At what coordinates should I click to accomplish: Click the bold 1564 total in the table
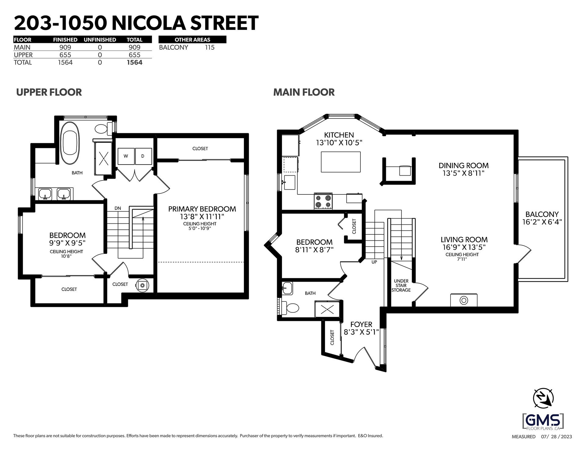click(135, 62)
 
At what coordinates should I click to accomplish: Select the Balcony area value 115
click(210, 48)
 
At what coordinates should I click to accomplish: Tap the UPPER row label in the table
click(23, 55)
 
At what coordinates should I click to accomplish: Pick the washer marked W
click(126, 156)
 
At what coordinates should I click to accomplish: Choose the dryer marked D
click(143, 156)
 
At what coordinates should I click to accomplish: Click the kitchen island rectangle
click(341, 162)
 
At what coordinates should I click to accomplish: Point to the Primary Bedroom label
click(202, 209)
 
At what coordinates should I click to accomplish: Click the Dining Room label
click(464, 165)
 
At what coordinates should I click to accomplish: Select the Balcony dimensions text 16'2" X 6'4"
click(542, 222)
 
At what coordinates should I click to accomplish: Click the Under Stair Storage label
click(401, 286)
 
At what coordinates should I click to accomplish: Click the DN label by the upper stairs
click(118, 208)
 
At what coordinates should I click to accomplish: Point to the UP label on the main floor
click(374, 262)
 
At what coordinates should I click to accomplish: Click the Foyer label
click(361, 325)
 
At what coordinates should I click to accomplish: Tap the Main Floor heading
click(304, 92)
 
